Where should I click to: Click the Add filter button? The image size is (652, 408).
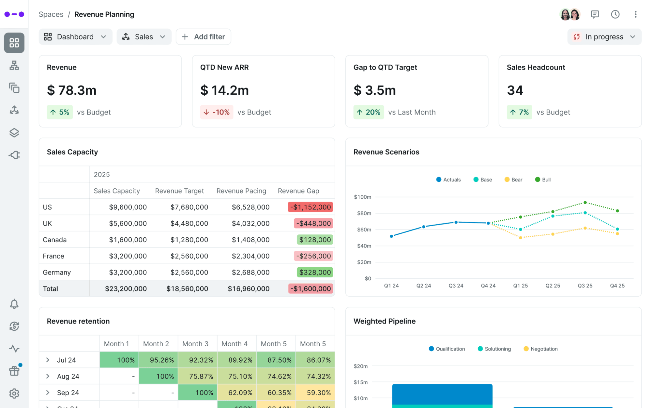[203, 37]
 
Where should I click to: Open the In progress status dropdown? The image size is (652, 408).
[604, 37]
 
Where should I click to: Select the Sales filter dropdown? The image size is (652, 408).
[144, 37]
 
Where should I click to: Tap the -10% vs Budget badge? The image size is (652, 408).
[217, 112]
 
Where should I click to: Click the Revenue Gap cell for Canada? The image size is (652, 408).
[315, 240]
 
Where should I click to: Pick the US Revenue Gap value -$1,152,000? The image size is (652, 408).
[310, 207]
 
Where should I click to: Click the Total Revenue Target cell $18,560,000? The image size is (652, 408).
[187, 289]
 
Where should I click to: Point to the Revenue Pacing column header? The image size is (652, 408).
[241, 191]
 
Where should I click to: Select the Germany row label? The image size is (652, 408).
[57, 273]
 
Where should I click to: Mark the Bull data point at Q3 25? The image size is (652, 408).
[585, 203]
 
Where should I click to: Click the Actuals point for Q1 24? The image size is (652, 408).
[391, 236]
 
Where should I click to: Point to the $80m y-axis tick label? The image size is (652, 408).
[364, 213]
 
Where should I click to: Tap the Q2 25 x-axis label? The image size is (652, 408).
[553, 286]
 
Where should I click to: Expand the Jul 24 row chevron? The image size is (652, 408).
[48, 360]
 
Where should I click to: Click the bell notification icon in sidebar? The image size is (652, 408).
[14, 304]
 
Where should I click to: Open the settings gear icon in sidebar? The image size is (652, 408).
[14, 394]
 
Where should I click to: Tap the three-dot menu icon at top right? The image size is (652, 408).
[635, 14]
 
